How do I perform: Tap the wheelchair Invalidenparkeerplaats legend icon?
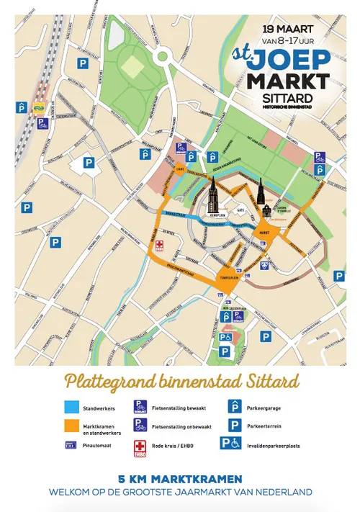230,444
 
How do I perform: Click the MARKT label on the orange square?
264,233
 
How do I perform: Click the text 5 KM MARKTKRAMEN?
180,478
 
